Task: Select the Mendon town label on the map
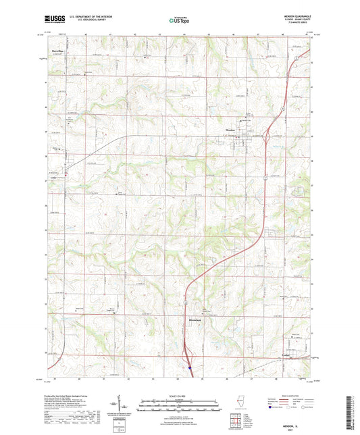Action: (230, 131)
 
